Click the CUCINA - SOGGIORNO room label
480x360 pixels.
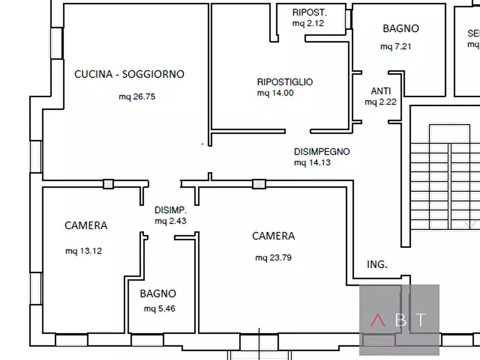[x=129, y=74]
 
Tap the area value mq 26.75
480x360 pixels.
[x=137, y=97]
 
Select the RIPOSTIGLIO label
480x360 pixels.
[x=285, y=82]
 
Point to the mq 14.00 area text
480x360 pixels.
[x=275, y=93]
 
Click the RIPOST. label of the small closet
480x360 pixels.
[x=310, y=12]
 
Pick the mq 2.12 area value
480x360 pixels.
[x=308, y=23]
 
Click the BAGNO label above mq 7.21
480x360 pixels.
[x=400, y=28]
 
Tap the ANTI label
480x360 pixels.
[x=381, y=91]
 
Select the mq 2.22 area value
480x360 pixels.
[x=381, y=102]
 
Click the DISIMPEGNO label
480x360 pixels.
[x=321, y=152]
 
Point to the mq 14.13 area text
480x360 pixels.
[x=312, y=162]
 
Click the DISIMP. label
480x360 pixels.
[x=170, y=210]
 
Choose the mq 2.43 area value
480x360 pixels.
[x=170, y=221]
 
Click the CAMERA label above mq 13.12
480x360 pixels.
[x=86, y=226]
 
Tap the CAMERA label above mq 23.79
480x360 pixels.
[x=273, y=236]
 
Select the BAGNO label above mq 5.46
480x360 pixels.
[x=158, y=294]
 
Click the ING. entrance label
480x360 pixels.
[x=377, y=264]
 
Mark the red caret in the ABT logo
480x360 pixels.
[x=378, y=320]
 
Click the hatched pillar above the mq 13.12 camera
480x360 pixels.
[x=109, y=184]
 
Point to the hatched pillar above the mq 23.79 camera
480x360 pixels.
[x=259, y=184]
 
